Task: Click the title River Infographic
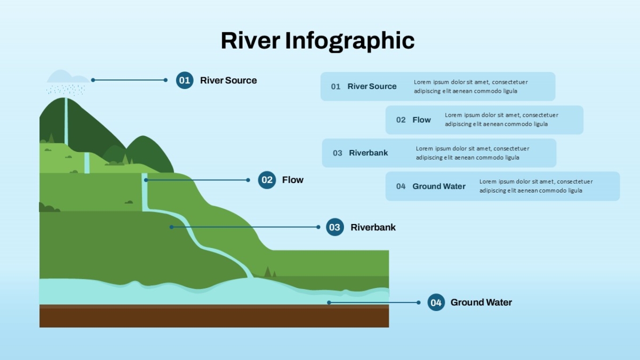[317, 42]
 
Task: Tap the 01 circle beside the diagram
[185, 81]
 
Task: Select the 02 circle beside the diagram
[267, 180]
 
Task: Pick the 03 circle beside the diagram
[335, 227]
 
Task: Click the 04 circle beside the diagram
[436, 302]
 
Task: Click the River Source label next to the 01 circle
[228, 81]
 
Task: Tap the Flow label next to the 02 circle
[293, 180]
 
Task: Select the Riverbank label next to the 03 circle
[373, 227]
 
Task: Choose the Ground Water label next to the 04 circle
[481, 302]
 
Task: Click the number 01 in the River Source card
[335, 86]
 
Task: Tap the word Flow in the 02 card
[421, 120]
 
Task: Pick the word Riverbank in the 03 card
[369, 153]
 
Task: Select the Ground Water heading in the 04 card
[439, 186]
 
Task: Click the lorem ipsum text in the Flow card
[501, 119]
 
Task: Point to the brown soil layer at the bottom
[214, 316]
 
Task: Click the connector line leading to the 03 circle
[245, 227]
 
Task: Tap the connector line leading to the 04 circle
[374, 302]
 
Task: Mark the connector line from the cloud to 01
[129, 80]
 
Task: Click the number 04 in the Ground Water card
[401, 187]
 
